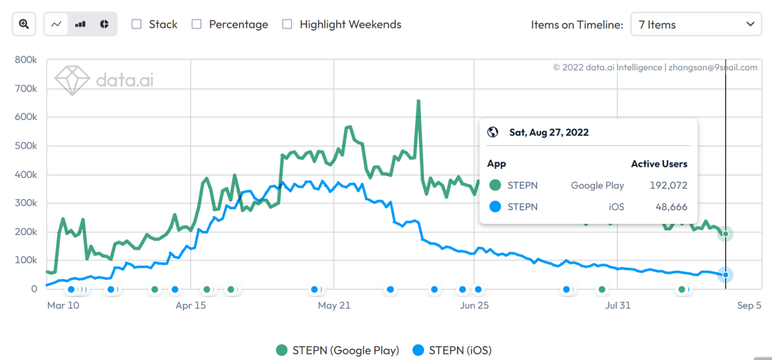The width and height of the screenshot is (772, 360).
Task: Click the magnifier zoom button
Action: coord(24,24)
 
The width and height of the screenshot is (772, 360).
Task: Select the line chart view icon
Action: coord(56,24)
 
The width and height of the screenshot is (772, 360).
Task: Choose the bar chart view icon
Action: coord(80,24)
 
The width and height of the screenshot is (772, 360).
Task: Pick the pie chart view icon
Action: coord(104,24)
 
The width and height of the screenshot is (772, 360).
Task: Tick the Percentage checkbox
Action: coord(197,24)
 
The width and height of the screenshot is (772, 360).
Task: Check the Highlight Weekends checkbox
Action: coord(287,24)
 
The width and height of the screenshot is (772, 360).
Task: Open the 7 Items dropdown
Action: coord(695,24)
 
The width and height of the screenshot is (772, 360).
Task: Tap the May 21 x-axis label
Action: coord(334,306)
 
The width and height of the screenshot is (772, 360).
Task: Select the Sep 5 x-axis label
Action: coord(749,306)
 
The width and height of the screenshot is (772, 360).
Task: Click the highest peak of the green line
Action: coord(418,101)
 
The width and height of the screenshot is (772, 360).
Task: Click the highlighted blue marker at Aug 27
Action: coord(725,275)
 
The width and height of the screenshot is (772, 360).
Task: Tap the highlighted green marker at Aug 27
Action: coord(725,234)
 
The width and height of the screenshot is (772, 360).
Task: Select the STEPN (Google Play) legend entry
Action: coord(338,350)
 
